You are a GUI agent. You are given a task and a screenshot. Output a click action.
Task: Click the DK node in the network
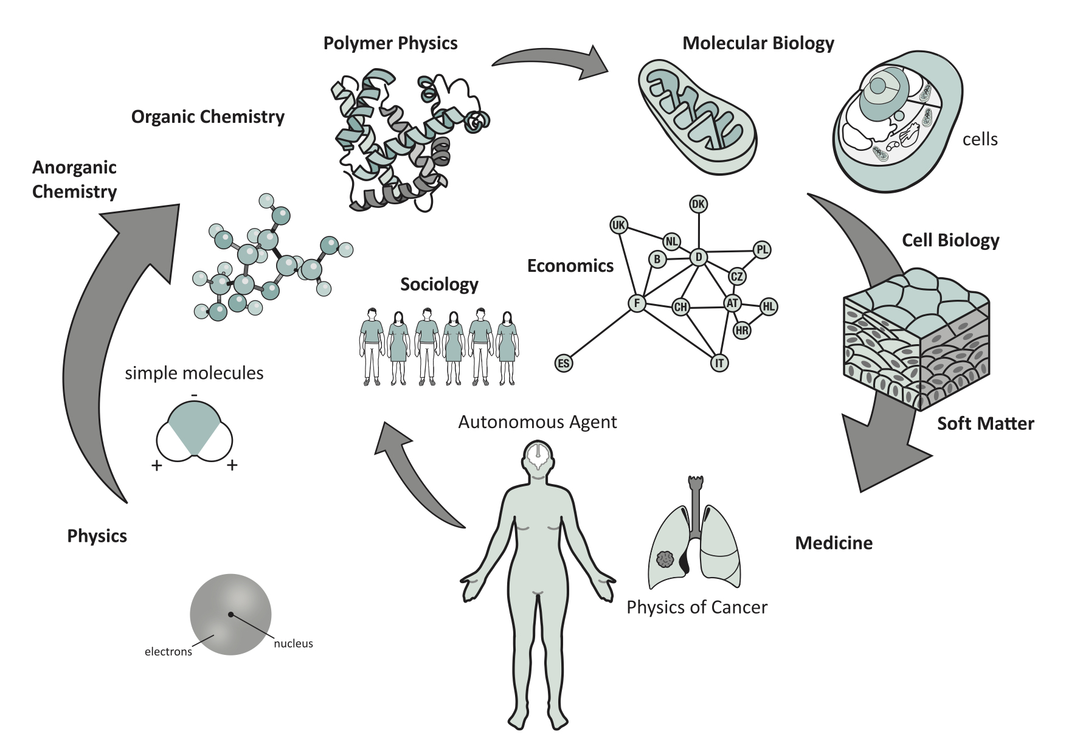pyautogui.click(x=698, y=204)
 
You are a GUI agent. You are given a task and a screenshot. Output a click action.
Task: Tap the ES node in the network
pyautogui.click(x=564, y=364)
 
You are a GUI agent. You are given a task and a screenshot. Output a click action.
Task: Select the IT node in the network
pyautogui.click(x=719, y=363)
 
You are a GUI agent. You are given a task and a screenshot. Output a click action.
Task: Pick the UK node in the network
pyautogui.click(x=618, y=226)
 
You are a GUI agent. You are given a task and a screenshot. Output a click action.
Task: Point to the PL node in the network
pyautogui.click(x=762, y=249)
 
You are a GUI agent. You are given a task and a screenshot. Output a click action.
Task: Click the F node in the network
pyautogui.click(x=637, y=303)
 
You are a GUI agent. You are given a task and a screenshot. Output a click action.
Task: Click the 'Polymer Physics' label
pyautogui.click(x=390, y=43)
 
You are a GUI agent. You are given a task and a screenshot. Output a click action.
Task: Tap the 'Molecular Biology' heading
pyautogui.click(x=758, y=43)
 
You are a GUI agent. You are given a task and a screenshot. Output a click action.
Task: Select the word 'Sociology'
pyautogui.click(x=439, y=285)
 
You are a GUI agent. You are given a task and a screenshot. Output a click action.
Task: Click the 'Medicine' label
pyautogui.click(x=833, y=543)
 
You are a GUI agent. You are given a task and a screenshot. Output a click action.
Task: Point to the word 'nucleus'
pyautogui.click(x=293, y=643)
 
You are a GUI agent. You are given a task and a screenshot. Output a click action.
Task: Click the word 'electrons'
pyautogui.click(x=168, y=652)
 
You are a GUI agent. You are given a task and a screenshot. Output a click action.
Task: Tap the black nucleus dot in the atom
pyautogui.click(x=230, y=614)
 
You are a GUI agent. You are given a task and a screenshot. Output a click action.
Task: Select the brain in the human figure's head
pyautogui.click(x=538, y=455)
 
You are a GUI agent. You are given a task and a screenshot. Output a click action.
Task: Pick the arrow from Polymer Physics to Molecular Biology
pyautogui.click(x=553, y=61)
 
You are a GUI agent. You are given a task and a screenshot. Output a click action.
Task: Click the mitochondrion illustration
pyautogui.click(x=696, y=113)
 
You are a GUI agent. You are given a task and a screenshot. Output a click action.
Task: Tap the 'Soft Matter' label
pyautogui.click(x=985, y=424)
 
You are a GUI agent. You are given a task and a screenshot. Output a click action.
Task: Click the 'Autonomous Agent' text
pyautogui.click(x=537, y=422)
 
